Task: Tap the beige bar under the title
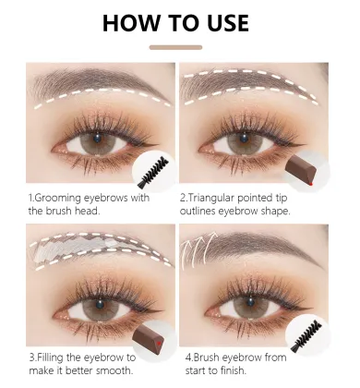point(179,47)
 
